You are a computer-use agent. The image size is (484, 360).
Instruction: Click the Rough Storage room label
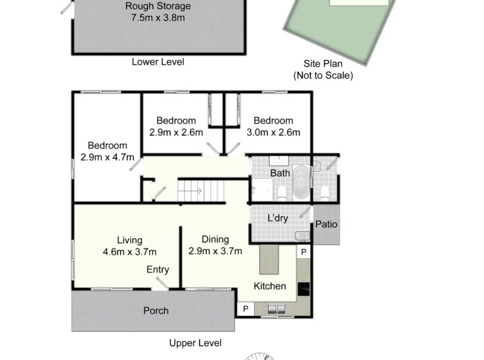point(158,6)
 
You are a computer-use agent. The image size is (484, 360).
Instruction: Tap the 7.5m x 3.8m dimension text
point(158,18)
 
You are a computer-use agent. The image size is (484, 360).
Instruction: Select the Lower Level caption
point(158,62)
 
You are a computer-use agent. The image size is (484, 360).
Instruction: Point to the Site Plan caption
point(323,64)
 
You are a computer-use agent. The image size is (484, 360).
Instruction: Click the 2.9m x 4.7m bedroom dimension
point(107,157)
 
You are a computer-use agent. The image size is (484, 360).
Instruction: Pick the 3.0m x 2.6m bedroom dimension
point(273,132)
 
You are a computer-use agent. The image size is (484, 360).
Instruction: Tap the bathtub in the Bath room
point(301,182)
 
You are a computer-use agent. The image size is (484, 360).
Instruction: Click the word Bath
point(280,173)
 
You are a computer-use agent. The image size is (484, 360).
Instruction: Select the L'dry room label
point(278,218)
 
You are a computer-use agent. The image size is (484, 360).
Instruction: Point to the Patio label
point(326,224)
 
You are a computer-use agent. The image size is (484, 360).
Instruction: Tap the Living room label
point(130,240)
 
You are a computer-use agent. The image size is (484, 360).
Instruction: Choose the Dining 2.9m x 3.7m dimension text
point(215,251)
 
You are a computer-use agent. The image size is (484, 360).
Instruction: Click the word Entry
point(158,269)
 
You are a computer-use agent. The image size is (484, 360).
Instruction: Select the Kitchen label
point(269,286)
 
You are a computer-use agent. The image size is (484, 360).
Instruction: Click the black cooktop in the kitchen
point(303,289)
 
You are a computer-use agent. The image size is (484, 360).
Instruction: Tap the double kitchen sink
point(276,308)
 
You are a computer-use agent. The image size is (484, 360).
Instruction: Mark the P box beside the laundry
point(303,252)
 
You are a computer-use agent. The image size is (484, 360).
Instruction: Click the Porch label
point(156,310)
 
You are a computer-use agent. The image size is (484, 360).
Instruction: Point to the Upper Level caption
point(195,343)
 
